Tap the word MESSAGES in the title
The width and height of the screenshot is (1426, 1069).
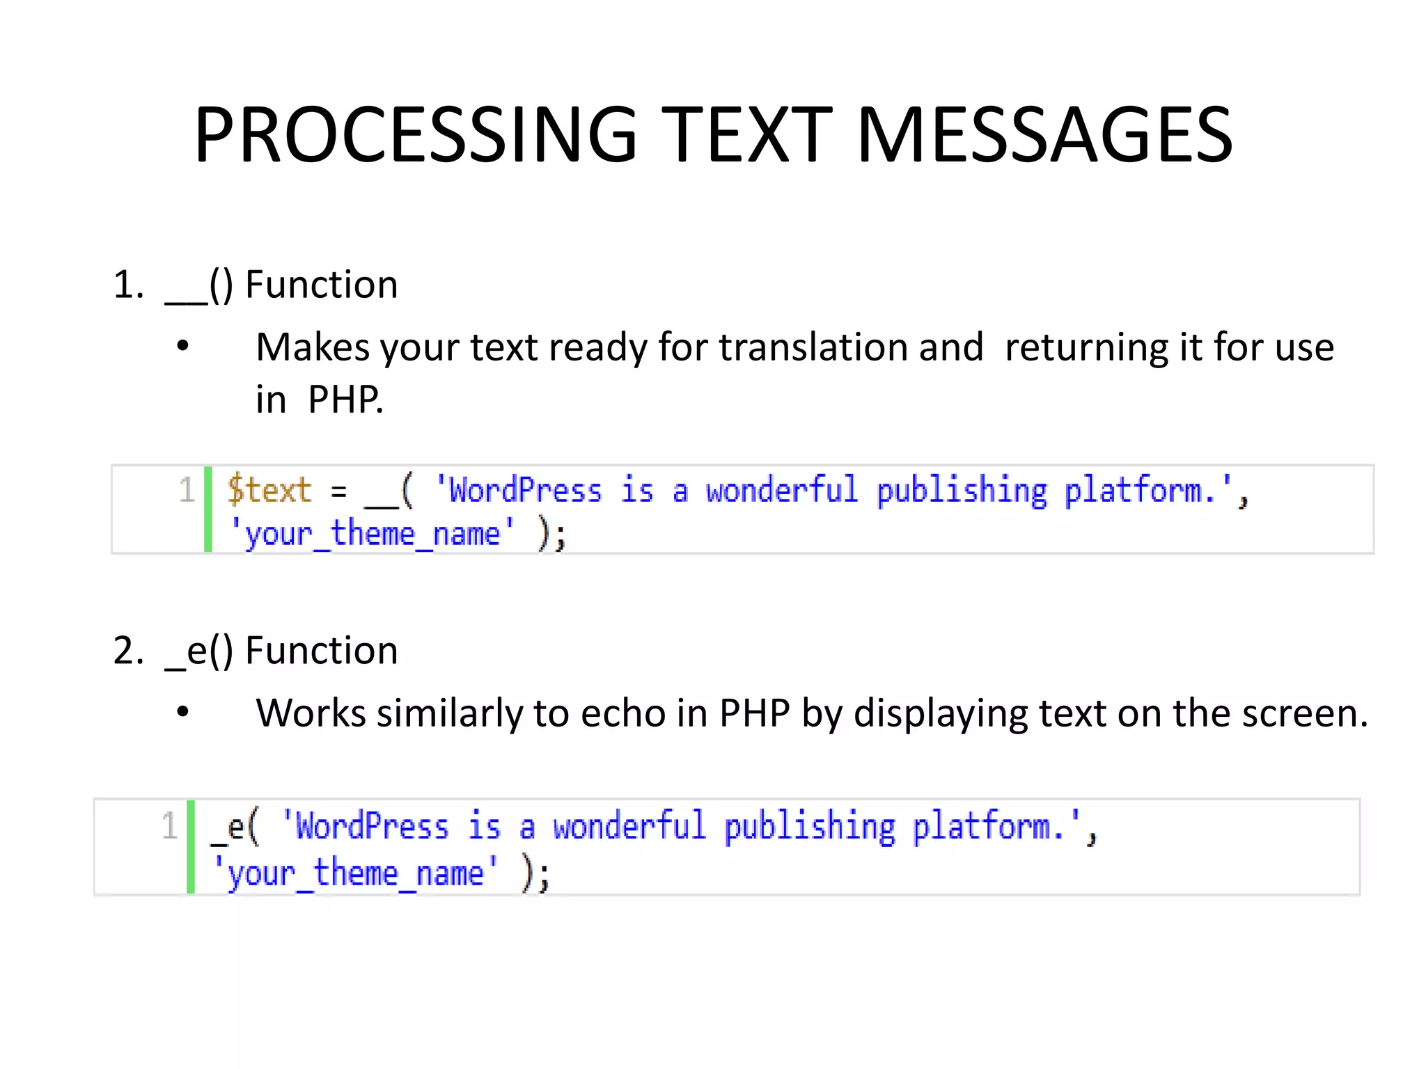(x=1044, y=134)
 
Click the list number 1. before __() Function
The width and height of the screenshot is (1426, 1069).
(x=129, y=285)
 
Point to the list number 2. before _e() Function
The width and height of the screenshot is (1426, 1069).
(x=129, y=651)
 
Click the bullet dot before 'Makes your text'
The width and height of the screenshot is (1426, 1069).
(x=183, y=346)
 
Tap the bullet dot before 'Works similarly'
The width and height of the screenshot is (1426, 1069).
(x=183, y=712)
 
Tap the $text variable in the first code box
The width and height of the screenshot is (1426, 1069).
(x=269, y=490)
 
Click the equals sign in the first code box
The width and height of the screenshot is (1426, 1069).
(x=338, y=491)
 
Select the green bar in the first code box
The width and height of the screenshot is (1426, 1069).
(x=208, y=509)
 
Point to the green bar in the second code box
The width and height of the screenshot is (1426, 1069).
(x=191, y=847)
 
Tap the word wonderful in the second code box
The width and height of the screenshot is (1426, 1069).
(x=629, y=827)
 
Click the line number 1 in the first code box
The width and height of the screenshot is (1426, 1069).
(x=186, y=490)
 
